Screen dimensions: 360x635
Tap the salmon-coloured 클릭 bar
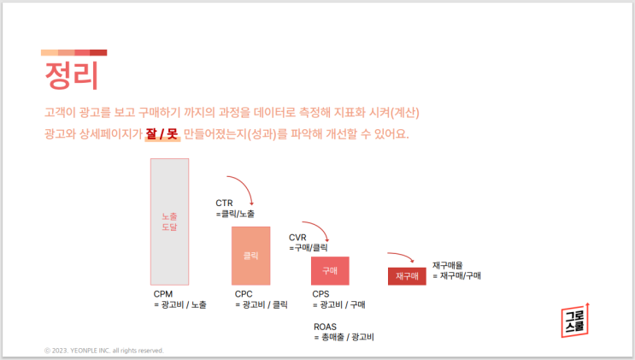pyautogui.click(x=250, y=256)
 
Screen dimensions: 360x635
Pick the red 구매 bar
pyautogui.click(x=329, y=270)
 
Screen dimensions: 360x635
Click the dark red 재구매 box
pyautogui.click(x=406, y=276)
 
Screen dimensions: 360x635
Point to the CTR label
pyautogui.click(x=224, y=204)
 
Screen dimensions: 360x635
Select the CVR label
pyautogui.click(x=297, y=238)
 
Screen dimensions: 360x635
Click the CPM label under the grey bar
pyautogui.click(x=162, y=293)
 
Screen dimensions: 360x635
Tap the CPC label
pyautogui.click(x=244, y=293)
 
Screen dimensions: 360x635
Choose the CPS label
pyautogui.click(x=321, y=293)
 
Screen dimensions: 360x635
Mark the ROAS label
pyautogui.click(x=325, y=327)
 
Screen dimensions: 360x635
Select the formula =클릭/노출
pyautogui.click(x=235, y=214)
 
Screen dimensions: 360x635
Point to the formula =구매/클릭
pyautogui.click(x=309, y=248)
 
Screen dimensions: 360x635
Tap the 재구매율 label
pyautogui.click(x=449, y=265)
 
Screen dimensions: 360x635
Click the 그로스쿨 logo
pyautogui.click(x=575, y=319)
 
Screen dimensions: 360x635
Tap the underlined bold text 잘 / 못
pyautogui.click(x=162, y=134)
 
